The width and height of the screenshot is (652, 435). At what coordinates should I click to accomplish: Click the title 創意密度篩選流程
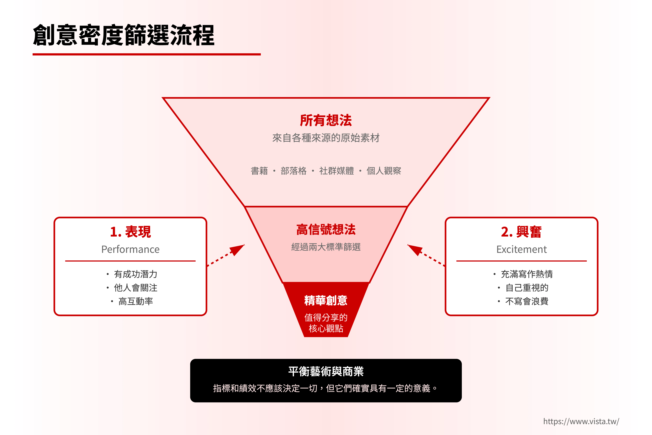(124, 35)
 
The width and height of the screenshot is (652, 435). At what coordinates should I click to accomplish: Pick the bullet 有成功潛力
(136, 274)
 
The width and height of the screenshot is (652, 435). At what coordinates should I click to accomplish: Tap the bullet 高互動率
(136, 301)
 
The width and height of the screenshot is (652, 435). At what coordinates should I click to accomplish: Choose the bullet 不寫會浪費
(527, 301)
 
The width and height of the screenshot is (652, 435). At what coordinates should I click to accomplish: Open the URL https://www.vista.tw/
(581, 421)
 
